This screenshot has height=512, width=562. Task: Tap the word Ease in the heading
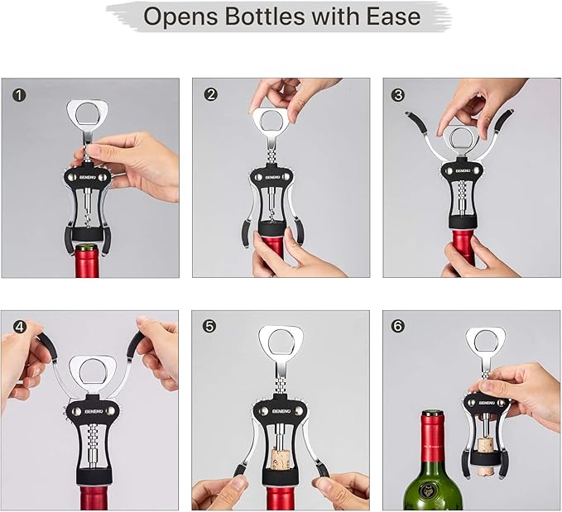tap(389, 16)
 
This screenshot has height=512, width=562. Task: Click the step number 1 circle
tap(19, 95)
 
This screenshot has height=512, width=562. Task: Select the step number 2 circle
tap(210, 94)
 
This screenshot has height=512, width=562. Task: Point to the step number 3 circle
tap(400, 94)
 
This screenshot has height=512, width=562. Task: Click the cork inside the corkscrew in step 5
tap(281, 460)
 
